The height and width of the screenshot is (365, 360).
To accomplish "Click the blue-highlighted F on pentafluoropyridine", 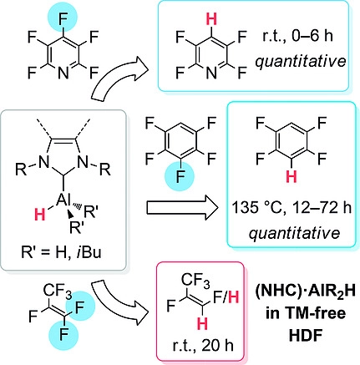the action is (x=63, y=16).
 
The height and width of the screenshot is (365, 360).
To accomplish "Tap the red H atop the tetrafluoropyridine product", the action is (x=212, y=20).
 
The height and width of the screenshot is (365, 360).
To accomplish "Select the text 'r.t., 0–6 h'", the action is (x=297, y=36).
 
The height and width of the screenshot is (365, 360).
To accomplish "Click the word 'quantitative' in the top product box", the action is (x=301, y=61).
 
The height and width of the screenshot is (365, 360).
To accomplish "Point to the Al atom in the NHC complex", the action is (x=63, y=200).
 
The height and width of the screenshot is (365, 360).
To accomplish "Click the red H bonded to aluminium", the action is (x=39, y=215).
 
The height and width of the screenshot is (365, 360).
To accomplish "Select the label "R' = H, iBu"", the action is (x=61, y=253).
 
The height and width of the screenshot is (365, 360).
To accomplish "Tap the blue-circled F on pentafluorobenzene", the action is (x=180, y=177).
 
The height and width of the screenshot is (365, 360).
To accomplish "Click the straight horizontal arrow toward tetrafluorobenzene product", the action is (x=182, y=208).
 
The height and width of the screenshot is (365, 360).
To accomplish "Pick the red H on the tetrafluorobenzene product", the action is (x=292, y=177).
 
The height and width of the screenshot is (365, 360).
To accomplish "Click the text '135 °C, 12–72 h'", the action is (x=292, y=209).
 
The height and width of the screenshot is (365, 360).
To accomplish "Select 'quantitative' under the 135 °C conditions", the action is (x=294, y=232).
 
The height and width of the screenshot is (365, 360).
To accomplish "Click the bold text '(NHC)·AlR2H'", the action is (x=306, y=293).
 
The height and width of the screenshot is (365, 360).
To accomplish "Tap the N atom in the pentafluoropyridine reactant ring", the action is (x=63, y=74).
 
